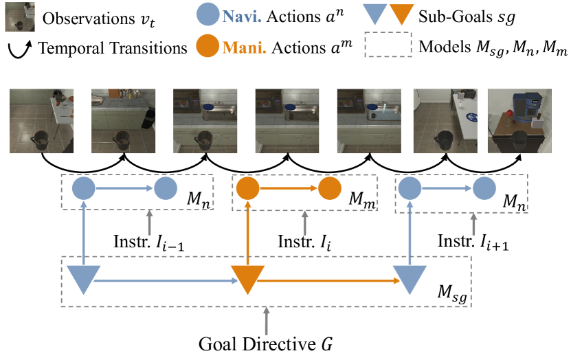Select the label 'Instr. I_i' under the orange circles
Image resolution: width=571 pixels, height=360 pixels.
click(302, 241)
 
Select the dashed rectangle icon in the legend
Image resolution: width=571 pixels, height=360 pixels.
click(390, 47)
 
